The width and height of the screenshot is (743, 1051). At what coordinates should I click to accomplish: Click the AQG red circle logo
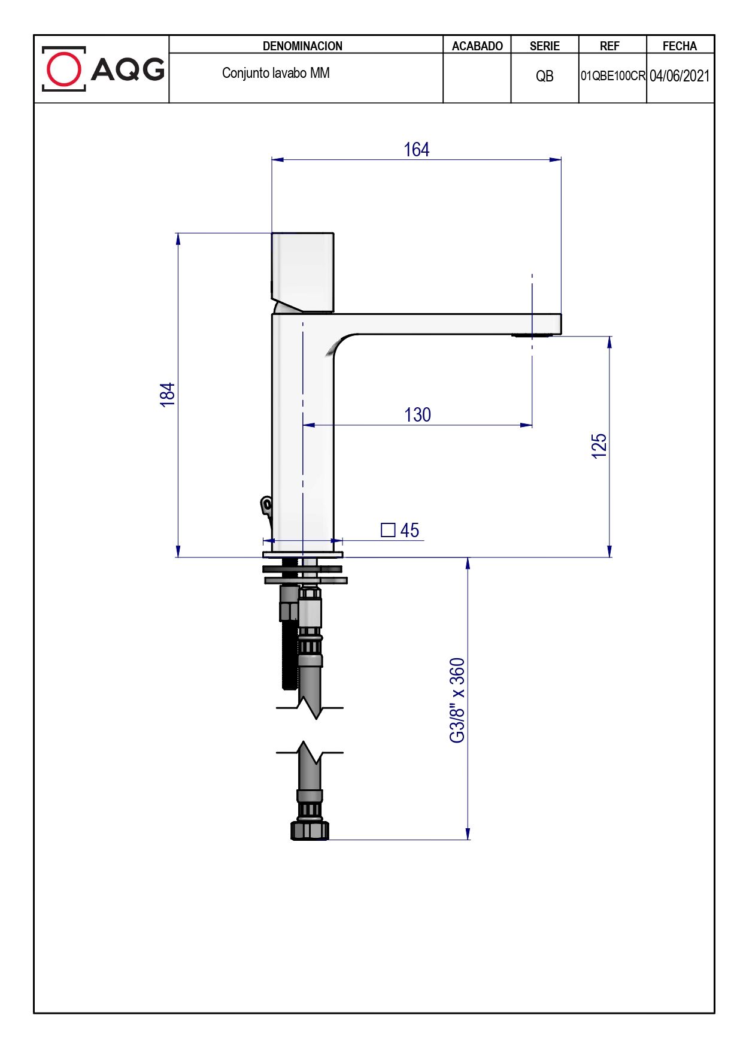click(x=63, y=69)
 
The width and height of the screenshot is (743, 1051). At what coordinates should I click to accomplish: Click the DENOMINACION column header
click(x=302, y=46)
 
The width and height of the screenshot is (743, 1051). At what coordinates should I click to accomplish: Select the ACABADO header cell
click(x=477, y=46)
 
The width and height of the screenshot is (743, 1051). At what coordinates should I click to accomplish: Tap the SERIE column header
click(x=545, y=46)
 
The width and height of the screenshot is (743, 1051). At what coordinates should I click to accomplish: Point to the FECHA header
click(x=680, y=46)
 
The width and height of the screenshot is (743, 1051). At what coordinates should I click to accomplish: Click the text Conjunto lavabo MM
click(x=276, y=73)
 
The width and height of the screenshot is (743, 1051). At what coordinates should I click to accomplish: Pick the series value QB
click(x=545, y=76)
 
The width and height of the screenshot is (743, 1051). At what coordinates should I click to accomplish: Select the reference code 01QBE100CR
click(x=612, y=76)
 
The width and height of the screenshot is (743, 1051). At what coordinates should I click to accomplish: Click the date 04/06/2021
click(x=680, y=76)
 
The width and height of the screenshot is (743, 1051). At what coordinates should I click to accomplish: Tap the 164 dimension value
click(x=417, y=149)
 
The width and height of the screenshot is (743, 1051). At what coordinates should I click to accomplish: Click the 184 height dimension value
click(x=168, y=395)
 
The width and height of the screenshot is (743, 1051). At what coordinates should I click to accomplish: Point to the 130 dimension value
click(x=417, y=414)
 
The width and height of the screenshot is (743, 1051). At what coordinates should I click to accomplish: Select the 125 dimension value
click(x=599, y=446)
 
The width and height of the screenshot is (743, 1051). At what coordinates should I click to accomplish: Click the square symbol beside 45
click(x=388, y=530)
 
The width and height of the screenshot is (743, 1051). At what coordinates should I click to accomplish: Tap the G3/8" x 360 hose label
click(x=457, y=700)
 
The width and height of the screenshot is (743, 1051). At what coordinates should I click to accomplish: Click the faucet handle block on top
click(x=302, y=272)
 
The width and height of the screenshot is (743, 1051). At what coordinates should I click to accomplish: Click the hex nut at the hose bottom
click(x=310, y=830)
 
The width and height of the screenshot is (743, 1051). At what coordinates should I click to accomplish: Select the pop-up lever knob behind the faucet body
click(x=266, y=505)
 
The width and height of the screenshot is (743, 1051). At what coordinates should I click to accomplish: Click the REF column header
click(x=609, y=46)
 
